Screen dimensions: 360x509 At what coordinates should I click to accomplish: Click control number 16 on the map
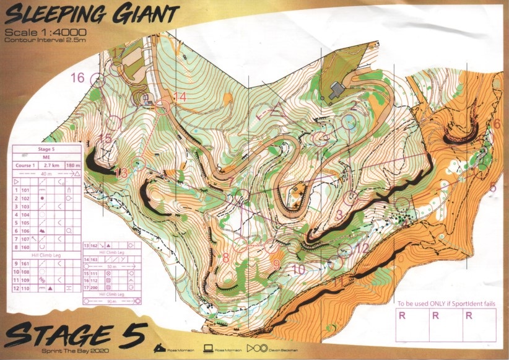(77, 78)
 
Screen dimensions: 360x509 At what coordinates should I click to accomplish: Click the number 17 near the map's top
(118, 52)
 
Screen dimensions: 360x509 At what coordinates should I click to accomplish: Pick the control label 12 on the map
(363, 248)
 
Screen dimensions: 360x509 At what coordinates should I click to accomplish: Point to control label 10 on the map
(298, 270)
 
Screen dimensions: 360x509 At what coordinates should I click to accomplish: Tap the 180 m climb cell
(74, 165)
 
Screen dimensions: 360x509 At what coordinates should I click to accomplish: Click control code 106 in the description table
(26, 230)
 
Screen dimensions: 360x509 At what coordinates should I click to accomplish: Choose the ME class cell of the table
(47, 157)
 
